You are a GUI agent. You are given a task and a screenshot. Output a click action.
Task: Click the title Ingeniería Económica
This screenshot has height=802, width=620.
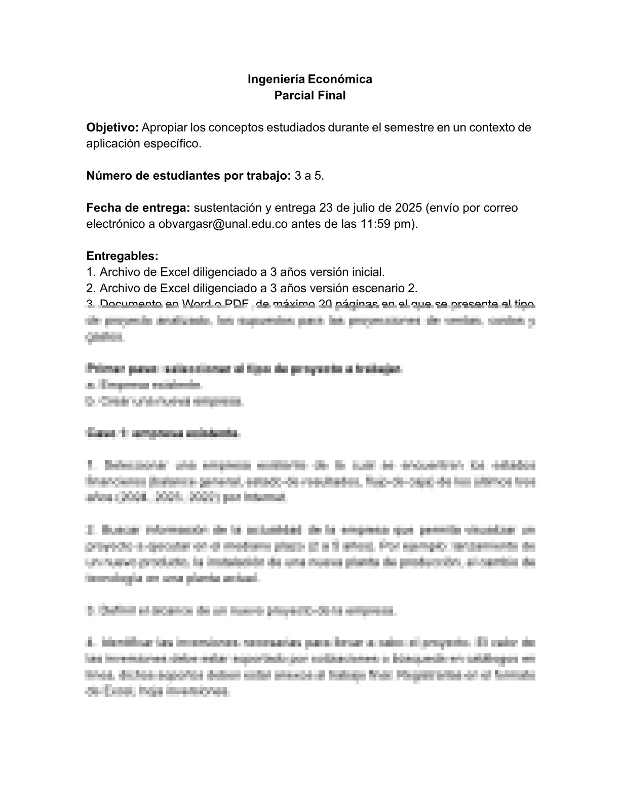309,79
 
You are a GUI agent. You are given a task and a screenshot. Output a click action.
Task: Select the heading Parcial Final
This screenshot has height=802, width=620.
309,95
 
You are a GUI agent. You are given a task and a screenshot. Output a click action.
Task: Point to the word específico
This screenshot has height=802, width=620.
172,143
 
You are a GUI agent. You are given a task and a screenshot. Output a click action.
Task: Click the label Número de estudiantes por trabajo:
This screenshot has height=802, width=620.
188,176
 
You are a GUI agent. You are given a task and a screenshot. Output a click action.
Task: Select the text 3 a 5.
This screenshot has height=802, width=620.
309,176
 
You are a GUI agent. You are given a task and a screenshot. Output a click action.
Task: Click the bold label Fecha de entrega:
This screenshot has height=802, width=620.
138,208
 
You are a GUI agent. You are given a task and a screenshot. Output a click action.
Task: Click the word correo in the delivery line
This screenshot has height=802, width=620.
501,208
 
